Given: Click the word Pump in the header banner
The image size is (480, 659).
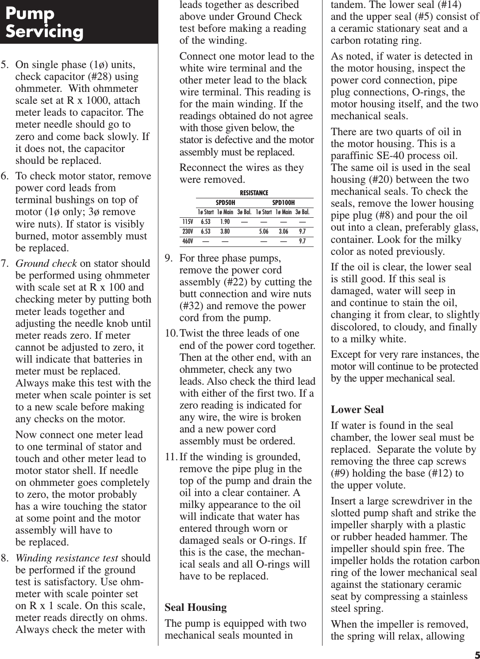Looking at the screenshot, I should click(x=30, y=13).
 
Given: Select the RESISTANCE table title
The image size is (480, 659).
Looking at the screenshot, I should click(x=254, y=193).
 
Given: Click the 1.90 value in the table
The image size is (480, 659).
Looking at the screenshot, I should click(x=225, y=222).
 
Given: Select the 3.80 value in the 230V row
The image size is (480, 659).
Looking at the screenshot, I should click(x=225, y=231).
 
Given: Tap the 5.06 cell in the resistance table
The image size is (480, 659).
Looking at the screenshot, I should click(x=264, y=231).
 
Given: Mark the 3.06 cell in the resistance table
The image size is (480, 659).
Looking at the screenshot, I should click(x=283, y=231).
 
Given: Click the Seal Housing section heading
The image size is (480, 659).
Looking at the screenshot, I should click(x=196, y=608).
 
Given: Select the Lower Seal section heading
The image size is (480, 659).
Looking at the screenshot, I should click(x=357, y=409).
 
